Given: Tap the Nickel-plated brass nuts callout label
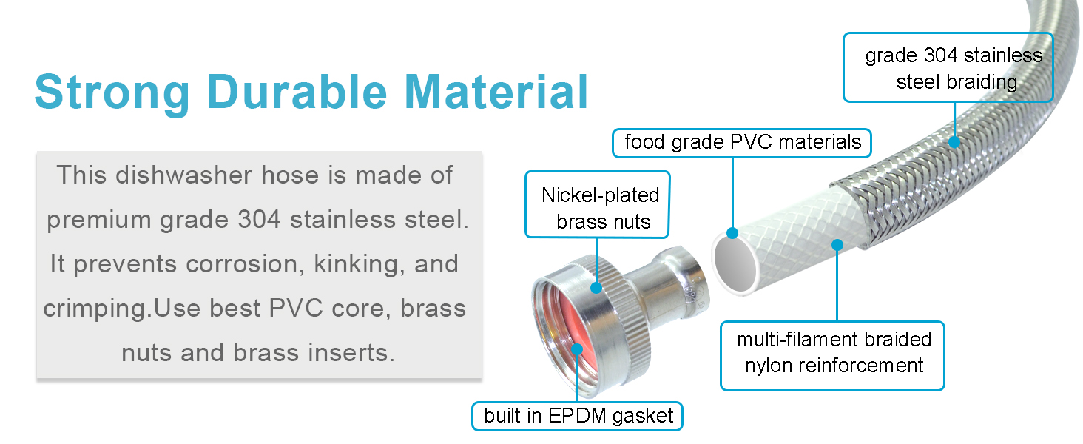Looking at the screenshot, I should pyautogui.click(x=599, y=208).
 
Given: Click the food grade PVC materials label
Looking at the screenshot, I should pyautogui.click(x=743, y=142).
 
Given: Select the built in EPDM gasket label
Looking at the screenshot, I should pyautogui.click(x=578, y=416).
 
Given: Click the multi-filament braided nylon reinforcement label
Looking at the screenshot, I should pyautogui.click(x=833, y=352).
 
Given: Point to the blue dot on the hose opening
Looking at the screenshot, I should pyautogui.click(x=732, y=234).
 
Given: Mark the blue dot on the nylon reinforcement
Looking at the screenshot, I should pyautogui.click(x=837, y=243).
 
